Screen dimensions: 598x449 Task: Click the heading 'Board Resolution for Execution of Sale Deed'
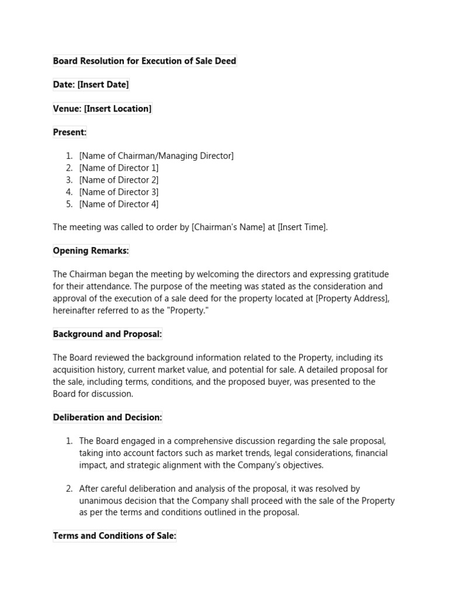click(144, 61)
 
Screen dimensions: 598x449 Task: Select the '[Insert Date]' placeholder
click(103, 85)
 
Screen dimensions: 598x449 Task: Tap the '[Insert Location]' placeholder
click(118, 109)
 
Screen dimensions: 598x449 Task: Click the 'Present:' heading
click(70, 133)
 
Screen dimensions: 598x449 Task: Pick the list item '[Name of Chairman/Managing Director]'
click(156, 156)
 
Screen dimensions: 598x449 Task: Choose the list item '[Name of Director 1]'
click(119, 168)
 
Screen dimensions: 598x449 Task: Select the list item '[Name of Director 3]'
click(119, 192)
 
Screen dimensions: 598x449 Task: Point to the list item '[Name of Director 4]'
click(119, 204)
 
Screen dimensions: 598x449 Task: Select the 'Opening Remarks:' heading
click(91, 251)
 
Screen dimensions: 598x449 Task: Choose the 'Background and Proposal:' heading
click(107, 335)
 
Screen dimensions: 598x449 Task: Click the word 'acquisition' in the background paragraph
click(75, 370)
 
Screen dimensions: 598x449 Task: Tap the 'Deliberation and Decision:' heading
click(108, 418)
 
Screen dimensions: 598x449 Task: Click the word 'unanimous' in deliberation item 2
click(100, 500)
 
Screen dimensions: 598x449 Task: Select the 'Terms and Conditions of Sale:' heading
click(114, 536)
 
